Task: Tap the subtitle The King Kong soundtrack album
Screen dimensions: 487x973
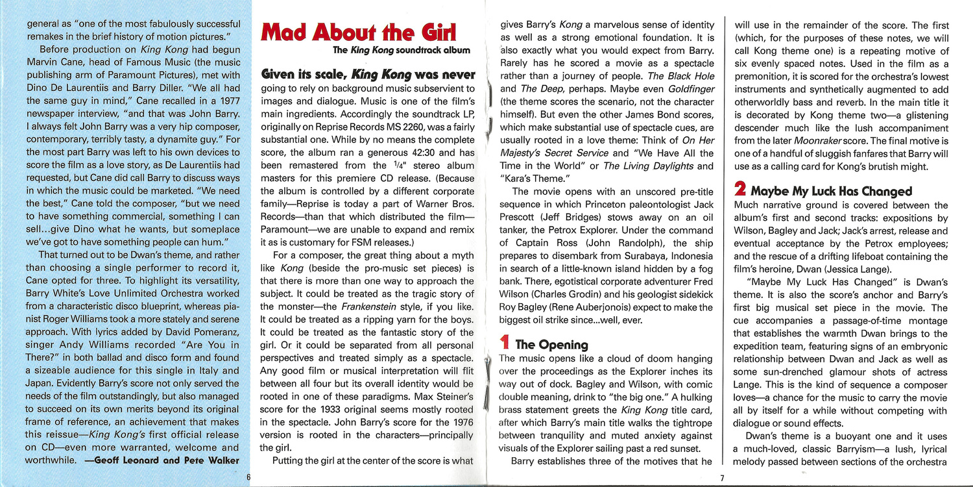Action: pos(402,50)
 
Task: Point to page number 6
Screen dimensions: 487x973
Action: pos(248,477)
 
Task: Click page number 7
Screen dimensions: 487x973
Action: pos(722,479)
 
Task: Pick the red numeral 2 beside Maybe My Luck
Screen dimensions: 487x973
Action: pos(739,190)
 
